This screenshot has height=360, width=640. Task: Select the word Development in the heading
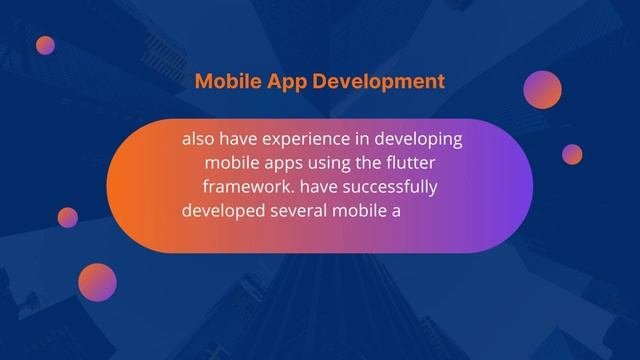click(378, 82)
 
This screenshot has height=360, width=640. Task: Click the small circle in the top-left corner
click(45, 45)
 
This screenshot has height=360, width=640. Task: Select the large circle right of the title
click(543, 89)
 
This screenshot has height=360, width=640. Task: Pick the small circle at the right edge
click(572, 154)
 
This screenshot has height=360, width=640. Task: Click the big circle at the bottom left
click(97, 282)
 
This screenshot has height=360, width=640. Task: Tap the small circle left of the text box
click(68, 217)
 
